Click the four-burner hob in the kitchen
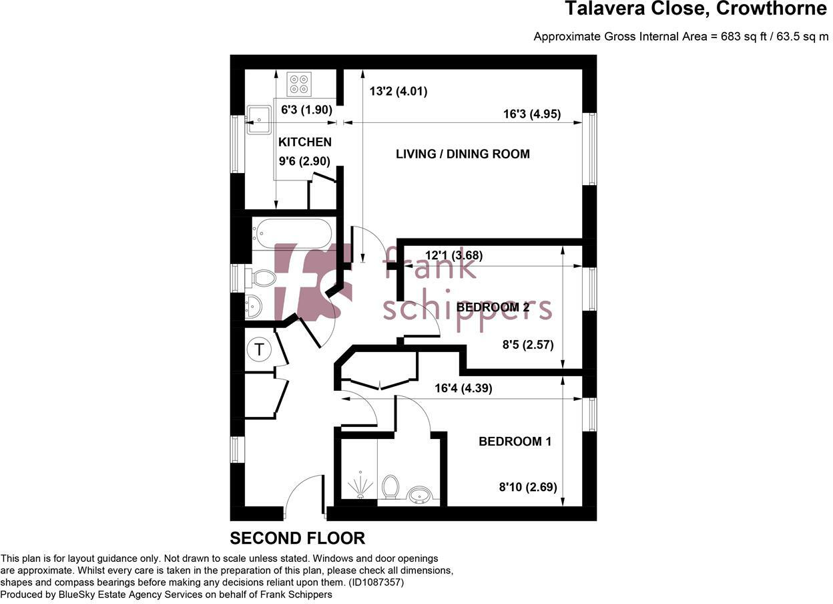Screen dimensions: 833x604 click(299, 84)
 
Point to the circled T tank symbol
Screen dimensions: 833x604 click(259, 349)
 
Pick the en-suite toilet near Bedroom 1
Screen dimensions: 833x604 click(390, 486)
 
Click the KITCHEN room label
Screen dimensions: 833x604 click(304, 142)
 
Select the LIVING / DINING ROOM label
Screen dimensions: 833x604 click(463, 154)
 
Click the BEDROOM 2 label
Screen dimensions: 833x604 click(493, 307)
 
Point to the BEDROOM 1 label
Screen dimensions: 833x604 click(515, 442)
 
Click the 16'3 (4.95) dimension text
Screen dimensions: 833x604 click(531, 114)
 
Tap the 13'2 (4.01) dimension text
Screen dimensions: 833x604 click(398, 92)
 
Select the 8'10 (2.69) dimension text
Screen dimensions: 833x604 click(527, 487)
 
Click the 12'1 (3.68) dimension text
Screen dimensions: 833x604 click(454, 255)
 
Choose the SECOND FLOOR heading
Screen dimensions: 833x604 click(297, 538)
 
